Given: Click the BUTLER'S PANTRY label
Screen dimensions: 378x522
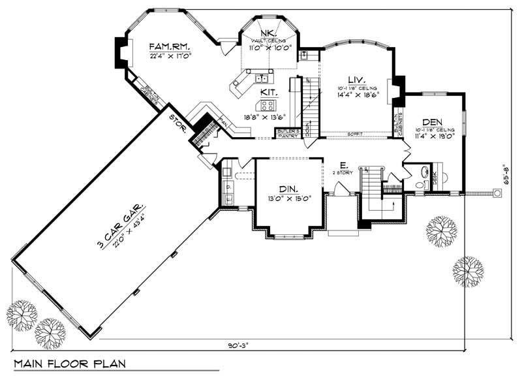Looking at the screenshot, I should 288,133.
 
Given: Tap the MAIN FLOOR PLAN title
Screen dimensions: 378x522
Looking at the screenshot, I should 69,362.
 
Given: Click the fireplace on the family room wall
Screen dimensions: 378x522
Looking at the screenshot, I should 121,50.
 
